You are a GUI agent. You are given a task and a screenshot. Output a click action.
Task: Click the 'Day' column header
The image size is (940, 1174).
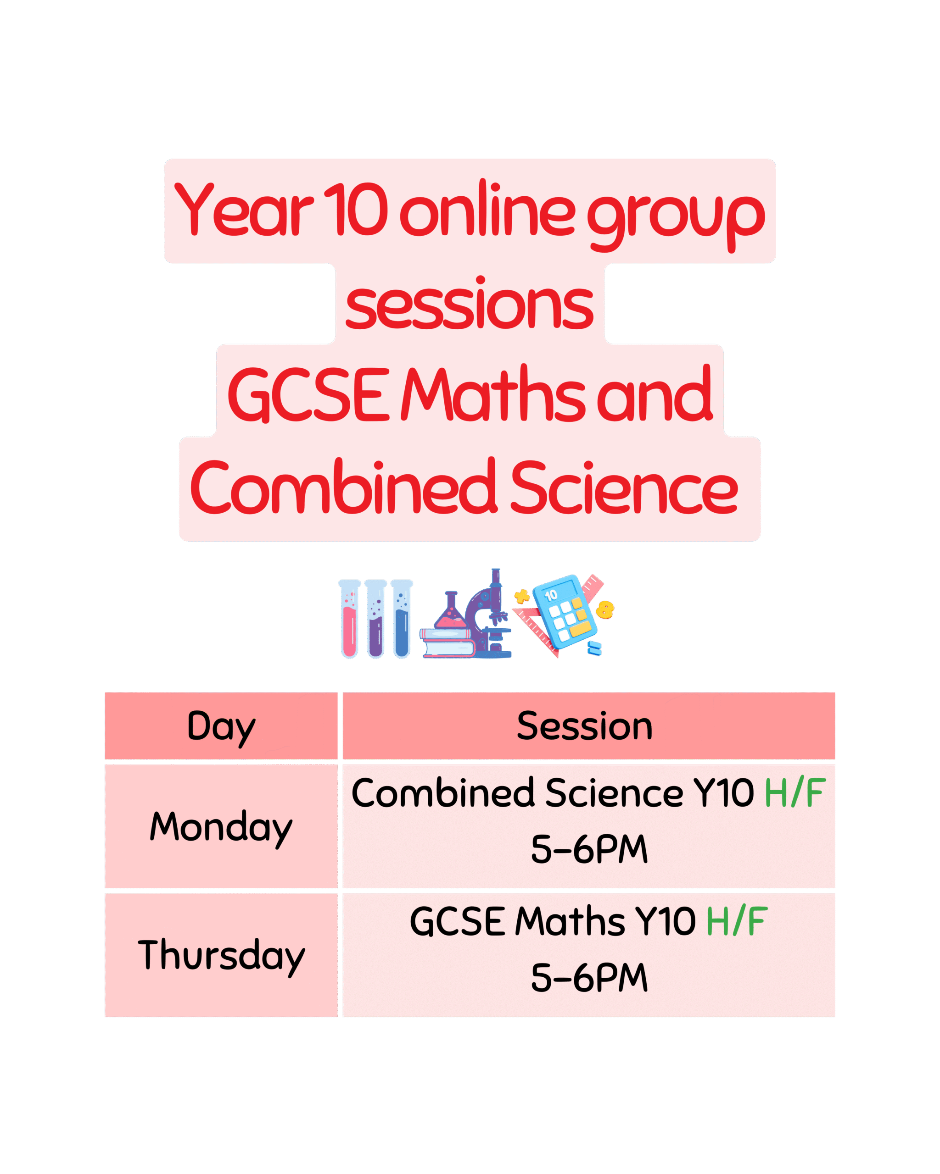(221, 727)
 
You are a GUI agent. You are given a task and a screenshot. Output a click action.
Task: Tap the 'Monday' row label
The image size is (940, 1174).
(221, 827)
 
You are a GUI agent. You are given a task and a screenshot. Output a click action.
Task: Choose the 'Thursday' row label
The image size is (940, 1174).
(221, 956)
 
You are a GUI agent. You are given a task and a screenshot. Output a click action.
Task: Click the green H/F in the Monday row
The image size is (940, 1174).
(795, 793)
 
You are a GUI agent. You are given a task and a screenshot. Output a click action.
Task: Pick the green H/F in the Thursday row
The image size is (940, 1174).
(737, 921)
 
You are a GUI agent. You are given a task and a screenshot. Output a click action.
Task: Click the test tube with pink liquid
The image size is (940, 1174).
(349, 619)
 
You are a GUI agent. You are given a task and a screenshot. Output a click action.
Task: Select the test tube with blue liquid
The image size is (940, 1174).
(402, 619)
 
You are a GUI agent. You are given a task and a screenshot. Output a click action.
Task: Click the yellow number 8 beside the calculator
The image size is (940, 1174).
(605, 609)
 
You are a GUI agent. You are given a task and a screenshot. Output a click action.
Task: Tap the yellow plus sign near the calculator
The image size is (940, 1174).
(521, 596)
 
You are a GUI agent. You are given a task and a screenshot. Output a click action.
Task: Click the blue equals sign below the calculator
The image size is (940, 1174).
(594, 648)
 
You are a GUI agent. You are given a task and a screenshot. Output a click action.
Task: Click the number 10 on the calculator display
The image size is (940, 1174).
(551, 595)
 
